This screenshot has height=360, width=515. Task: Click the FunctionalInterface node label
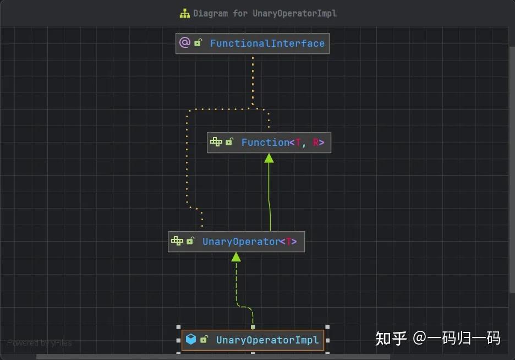(267, 43)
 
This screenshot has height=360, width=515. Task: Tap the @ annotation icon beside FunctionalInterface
(185, 43)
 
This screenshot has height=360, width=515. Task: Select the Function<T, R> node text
(283, 143)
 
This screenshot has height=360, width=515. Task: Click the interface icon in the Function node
(216, 142)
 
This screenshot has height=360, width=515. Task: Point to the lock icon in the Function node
(229, 142)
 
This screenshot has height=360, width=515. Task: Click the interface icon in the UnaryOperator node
(177, 241)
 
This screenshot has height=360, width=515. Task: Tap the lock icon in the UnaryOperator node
(190, 241)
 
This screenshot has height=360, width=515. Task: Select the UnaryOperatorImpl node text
(267, 340)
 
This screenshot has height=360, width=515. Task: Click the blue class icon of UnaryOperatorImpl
(191, 340)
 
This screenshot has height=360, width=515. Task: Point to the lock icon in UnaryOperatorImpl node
(204, 340)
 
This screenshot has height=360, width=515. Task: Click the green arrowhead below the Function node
(269, 158)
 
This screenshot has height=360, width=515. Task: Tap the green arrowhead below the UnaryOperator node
(236, 257)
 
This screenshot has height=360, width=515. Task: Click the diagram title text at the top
(265, 13)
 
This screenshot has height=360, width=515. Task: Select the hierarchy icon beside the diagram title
(185, 13)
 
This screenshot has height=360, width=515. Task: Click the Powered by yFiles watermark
(40, 343)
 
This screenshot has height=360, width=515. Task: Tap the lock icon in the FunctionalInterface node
(198, 43)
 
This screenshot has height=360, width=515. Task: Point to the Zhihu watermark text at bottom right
(438, 338)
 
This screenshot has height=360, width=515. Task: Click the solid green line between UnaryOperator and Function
(270, 198)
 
